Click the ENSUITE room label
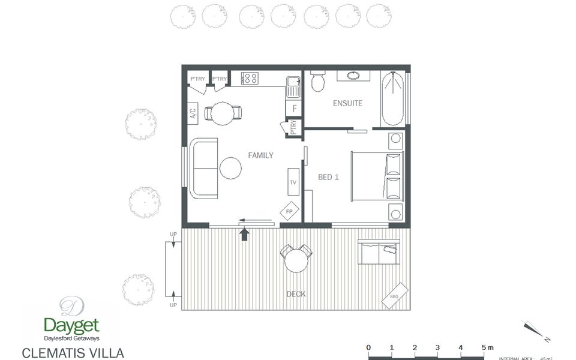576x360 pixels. click(347, 103)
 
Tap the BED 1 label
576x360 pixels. click(329, 177)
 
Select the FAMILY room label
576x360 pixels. click(260, 155)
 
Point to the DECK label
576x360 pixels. click(296, 294)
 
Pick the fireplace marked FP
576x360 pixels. click(289, 212)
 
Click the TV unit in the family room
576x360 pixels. click(293, 181)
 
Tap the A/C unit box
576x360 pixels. click(193, 113)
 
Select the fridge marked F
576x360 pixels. click(294, 109)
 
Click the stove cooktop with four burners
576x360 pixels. click(250, 78)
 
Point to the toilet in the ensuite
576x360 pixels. click(318, 82)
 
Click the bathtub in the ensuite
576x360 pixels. click(392, 98)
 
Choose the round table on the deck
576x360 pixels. click(296, 260)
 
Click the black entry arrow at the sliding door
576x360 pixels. click(244, 233)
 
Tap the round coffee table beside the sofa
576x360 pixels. click(230, 169)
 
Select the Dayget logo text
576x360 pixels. click(71, 325)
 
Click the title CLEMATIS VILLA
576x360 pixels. click(73, 353)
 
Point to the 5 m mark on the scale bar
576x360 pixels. click(484, 347)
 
